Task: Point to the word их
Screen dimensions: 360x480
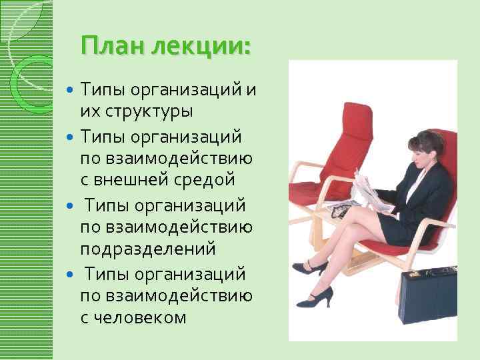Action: click(89, 111)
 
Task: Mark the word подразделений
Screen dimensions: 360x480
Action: click(148, 249)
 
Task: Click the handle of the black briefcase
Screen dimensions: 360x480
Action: click(437, 271)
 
